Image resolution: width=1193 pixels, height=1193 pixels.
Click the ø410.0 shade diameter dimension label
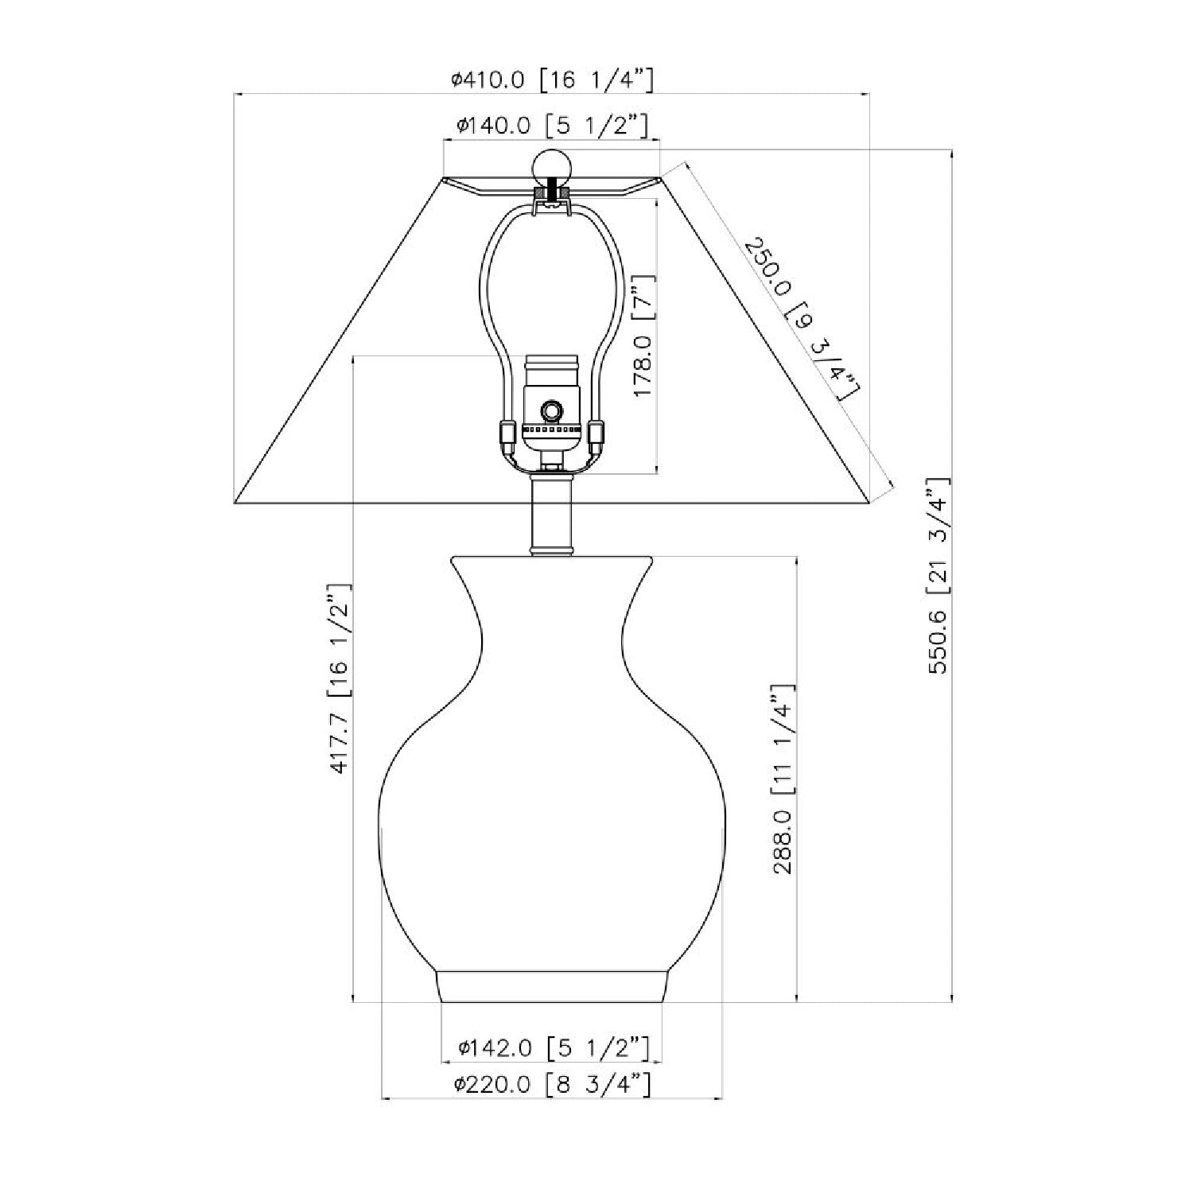coord(552,79)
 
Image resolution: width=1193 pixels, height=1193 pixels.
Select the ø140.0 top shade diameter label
coord(553,126)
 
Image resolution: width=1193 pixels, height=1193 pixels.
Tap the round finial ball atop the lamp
coord(550,167)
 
